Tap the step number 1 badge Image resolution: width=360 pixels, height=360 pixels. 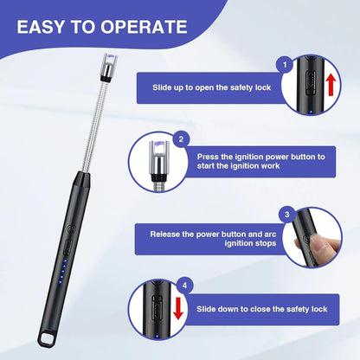(284, 64)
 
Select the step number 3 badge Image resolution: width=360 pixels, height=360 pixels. (286, 213)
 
